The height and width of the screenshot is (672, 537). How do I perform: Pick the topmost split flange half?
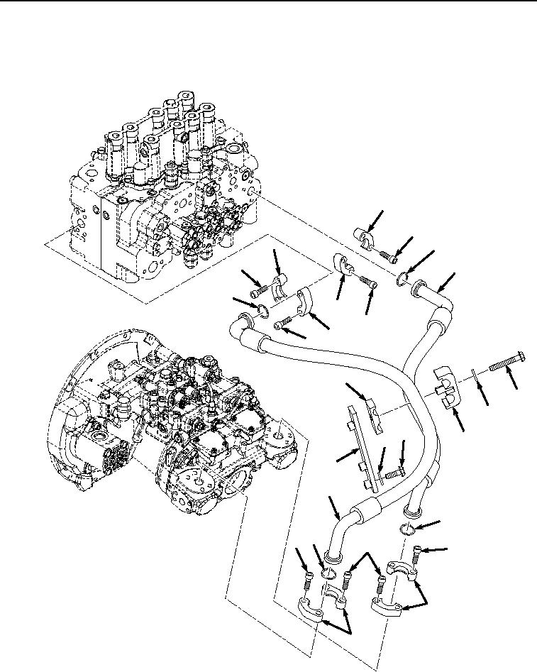pos(368,238)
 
